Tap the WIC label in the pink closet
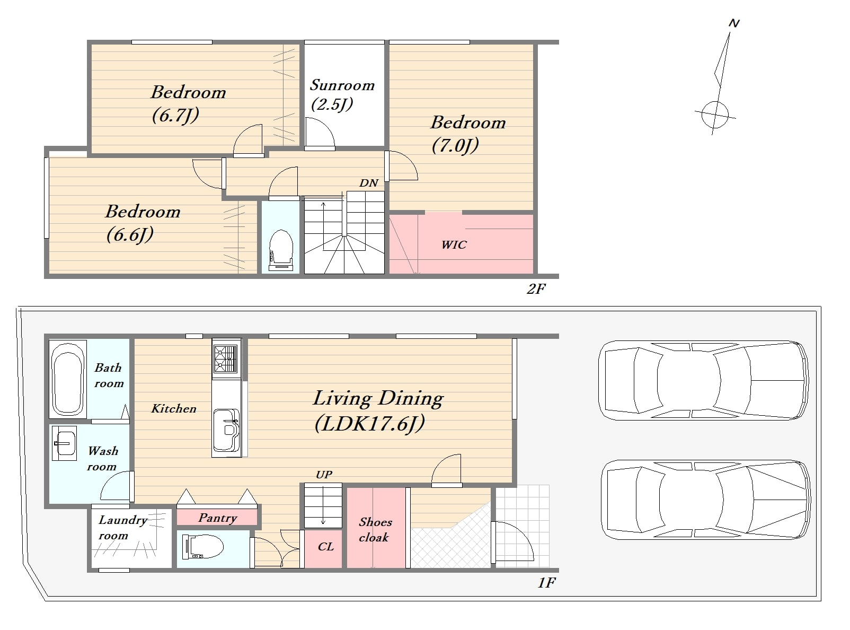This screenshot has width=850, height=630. click(x=454, y=245)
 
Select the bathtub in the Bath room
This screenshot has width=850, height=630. click(x=67, y=379)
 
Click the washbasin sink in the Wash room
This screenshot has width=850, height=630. click(x=64, y=443)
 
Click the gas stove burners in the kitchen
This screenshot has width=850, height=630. click(x=226, y=358)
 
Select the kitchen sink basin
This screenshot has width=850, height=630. click(x=226, y=430)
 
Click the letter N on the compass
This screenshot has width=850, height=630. click(x=733, y=23)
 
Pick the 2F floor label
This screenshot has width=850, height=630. click(x=536, y=289)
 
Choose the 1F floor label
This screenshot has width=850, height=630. click(x=546, y=583)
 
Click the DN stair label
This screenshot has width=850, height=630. click(x=369, y=183)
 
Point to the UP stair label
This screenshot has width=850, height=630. click(x=324, y=475)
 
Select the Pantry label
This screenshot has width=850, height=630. click(x=218, y=518)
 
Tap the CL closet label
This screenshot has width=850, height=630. click(x=326, y=546)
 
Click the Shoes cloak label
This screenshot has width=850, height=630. click(x=375, y=530)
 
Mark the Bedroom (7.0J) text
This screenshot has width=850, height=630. click(x=467, y=134)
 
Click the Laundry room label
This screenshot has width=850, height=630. click(x=122, y=528)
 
